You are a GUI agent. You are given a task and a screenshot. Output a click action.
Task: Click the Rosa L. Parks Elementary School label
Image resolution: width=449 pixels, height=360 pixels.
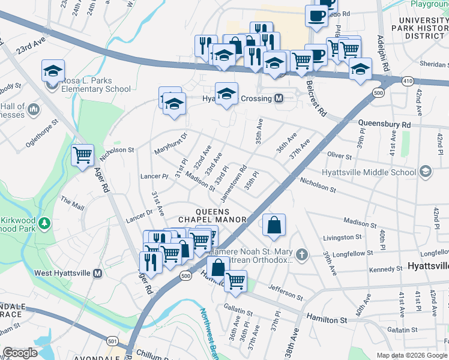coord(92,85)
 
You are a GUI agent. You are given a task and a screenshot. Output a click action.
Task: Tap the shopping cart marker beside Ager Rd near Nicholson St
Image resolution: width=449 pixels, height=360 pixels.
coord(82,155)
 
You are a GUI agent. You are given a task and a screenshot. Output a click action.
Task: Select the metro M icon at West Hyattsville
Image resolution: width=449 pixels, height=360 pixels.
coord(98,273)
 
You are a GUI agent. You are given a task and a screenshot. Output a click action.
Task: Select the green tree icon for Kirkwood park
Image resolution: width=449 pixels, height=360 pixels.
coord(44,223)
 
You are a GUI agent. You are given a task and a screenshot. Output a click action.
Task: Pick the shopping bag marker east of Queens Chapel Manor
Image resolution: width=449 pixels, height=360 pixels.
coord(274,226)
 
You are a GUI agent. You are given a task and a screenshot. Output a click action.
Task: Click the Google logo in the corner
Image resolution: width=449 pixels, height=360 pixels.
coord(20,353)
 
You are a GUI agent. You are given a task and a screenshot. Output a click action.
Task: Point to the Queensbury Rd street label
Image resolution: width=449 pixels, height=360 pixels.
coord(384,124)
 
